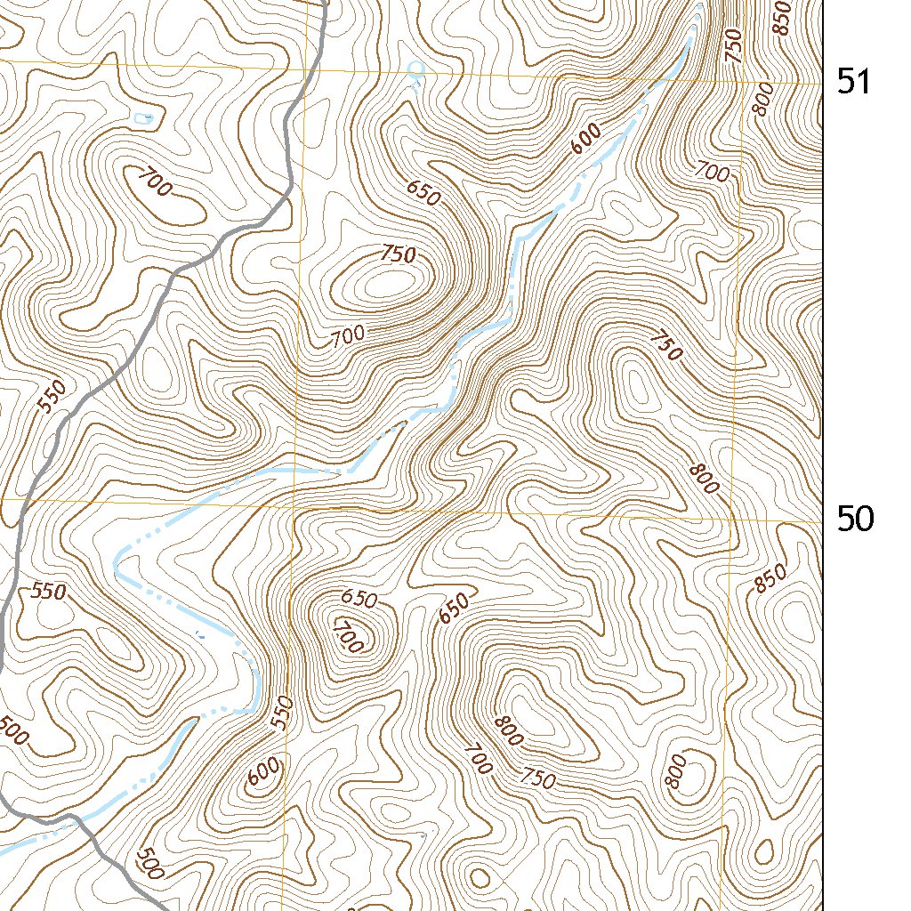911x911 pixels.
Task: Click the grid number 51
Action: point(854,83)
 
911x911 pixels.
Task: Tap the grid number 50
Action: point(855,519)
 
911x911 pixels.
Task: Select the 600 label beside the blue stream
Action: point(586,139)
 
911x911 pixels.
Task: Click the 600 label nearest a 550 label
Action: point(264,771)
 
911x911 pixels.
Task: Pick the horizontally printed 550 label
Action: point(49,591)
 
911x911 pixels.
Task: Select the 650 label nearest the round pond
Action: point(423,193)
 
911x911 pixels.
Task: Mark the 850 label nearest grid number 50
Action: point(771,579)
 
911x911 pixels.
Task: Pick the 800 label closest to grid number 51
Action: point(762,105)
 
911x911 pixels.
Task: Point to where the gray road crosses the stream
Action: point(69,821)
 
